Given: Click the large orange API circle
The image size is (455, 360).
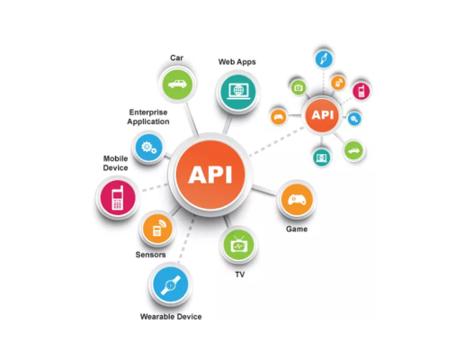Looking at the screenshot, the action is (x=210, y=175).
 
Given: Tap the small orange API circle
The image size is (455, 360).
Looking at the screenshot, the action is (x=322, y=115).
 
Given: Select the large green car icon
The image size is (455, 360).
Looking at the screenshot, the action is (x=177, y=85).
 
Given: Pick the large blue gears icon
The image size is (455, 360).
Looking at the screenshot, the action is (x=148, y=148).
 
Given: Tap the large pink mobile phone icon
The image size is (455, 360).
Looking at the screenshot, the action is (x=118, y=198).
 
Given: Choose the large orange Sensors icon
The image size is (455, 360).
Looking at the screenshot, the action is (x=157, y=229).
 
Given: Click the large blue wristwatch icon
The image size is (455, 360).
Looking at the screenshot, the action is (x=171, y=284).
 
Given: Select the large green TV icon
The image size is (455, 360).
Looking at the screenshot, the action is (x=238, y=245).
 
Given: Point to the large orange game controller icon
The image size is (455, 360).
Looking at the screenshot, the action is (x=297, y=200).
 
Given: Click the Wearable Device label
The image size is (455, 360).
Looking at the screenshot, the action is (x=171, y=317).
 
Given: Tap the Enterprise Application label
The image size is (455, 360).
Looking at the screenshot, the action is (x=148, y=117).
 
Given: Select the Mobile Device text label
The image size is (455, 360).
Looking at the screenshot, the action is (x=115, y=163).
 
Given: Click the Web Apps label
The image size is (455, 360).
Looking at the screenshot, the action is (x=236, y=62).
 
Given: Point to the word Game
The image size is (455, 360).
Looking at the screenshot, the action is (x=297, y=229).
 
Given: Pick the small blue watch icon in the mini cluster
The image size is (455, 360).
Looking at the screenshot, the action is (x=324, y=58).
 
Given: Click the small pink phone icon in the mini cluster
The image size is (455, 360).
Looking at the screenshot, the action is (x=361, y=91).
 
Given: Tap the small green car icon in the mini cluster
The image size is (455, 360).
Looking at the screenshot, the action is (x=353, y=150).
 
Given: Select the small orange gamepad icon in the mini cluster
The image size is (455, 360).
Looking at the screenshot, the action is (x=279, y=117).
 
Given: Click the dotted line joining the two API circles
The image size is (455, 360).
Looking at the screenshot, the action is (x=276, y=141).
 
